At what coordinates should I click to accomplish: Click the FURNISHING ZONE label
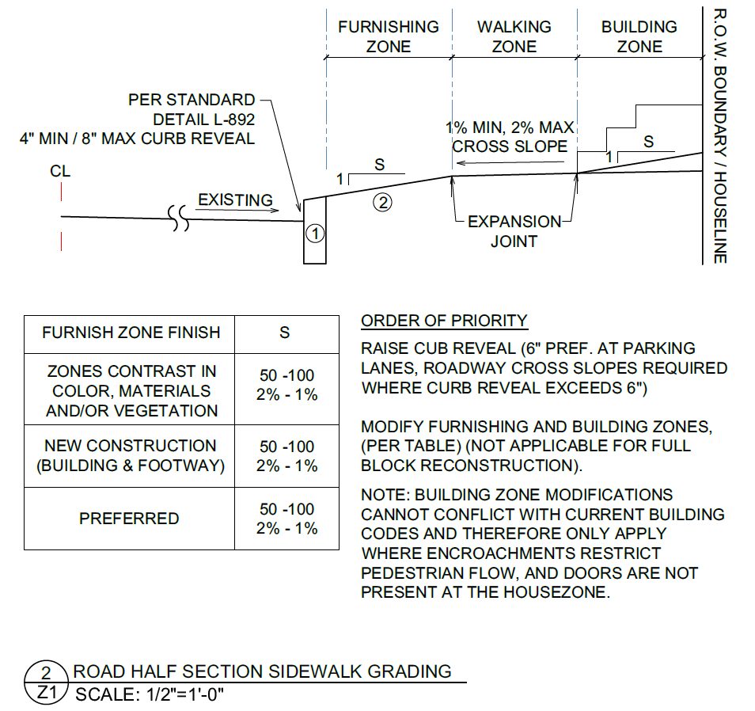389,36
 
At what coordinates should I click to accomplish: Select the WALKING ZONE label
514,36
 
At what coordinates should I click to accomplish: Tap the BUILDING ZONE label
639,36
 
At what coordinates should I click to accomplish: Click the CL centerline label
60,171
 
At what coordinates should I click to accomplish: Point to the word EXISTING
236,200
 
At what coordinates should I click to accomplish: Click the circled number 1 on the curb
315,234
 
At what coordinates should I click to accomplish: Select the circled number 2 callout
382,203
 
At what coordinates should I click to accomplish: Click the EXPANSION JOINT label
514,231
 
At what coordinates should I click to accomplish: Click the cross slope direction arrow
510,163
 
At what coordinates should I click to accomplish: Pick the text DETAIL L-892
203,120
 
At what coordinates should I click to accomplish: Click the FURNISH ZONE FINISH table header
131,333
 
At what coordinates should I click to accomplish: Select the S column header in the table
285,333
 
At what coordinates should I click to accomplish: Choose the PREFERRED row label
129,519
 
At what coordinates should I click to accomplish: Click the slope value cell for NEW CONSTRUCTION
287,456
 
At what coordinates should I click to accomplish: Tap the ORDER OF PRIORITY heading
444,321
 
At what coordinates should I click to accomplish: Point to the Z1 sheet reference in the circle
47,693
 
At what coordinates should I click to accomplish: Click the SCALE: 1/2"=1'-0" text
150,694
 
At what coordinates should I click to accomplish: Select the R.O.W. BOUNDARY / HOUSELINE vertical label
720,136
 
